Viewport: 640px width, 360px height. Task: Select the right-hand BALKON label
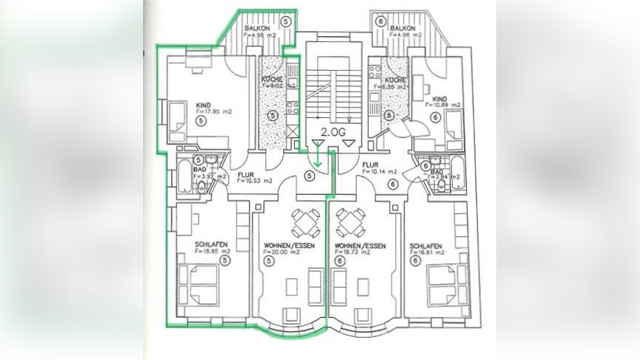click(x=406, y=27)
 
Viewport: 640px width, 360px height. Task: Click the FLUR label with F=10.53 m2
click(x=246, y=176)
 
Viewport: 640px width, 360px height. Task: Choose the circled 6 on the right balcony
click(x=380, y=21)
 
